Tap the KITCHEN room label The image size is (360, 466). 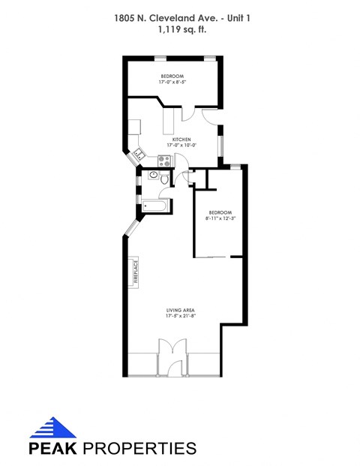coord(181,140)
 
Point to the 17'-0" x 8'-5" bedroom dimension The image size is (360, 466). coord(172,83)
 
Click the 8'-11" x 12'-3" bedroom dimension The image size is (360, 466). coord(221,218)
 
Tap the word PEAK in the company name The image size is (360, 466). coord(53,449)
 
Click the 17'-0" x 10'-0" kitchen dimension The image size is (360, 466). coord(181,146)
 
